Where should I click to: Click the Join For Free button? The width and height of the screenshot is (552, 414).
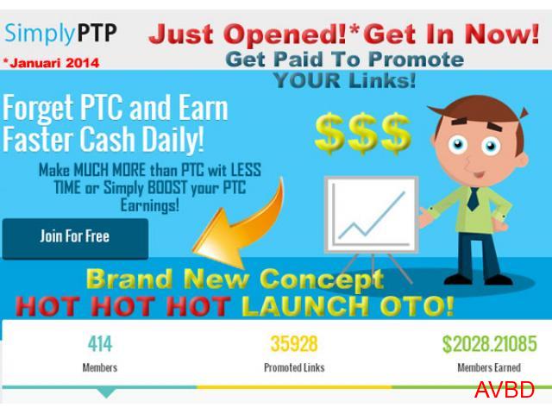point(75,239)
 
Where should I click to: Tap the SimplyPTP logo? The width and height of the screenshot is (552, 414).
point(60,34)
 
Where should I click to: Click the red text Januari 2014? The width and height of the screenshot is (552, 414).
point(52,63)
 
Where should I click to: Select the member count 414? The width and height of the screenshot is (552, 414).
point(100,344)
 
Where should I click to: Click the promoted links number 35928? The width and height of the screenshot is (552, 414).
point(294,344)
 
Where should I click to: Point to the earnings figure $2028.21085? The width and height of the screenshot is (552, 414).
point(490,344)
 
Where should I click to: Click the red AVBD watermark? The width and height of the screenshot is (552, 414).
point(505,390)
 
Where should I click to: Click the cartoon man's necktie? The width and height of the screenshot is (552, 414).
point(474,199)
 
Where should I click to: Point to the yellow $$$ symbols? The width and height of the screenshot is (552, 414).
point(362,134)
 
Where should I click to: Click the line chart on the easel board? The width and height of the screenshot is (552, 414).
point(372,216)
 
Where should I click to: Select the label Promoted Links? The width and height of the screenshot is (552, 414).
point(294,367)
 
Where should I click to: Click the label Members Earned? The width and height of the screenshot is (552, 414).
point(489,367)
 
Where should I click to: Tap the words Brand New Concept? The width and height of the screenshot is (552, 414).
point(235,279)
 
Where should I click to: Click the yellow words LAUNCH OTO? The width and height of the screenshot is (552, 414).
point(348,305)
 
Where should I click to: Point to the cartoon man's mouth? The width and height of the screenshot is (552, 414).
point(479,173)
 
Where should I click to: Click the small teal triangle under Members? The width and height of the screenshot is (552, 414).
point(106,393)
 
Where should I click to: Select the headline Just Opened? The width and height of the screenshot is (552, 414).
point(248,34)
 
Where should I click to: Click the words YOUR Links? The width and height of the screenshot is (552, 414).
point(345,80)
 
